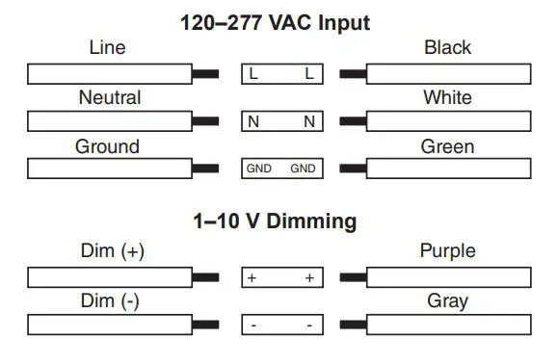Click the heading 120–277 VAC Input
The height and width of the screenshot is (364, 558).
(275, 21)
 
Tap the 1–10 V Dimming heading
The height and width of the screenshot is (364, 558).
(275, 221)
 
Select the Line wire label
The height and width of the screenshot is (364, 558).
(107, 47)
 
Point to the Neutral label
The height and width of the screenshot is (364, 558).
(109, 97)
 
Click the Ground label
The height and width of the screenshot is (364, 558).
(107, 146)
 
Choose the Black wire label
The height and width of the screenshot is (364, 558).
(447, 47)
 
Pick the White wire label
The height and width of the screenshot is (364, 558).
(447, 97)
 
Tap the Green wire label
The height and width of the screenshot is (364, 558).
(447, 146)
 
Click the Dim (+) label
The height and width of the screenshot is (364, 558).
(111, 251)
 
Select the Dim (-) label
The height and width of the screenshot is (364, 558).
(110, 300)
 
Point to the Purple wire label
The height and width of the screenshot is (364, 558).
(447, 251)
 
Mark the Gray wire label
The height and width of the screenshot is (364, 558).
(447, 300)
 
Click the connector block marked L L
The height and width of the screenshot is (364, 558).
(281, 73)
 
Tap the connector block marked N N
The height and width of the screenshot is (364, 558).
(281, 121)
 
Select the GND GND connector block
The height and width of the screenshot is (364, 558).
(281, 169)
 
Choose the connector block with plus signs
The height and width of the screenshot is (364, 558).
(281, 277)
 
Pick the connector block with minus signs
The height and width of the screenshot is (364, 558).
(281, 325)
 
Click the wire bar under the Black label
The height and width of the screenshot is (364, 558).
(448, 73)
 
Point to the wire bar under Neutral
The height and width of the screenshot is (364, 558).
(110, 121)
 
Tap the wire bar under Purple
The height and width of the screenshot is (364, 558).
(448, 277)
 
